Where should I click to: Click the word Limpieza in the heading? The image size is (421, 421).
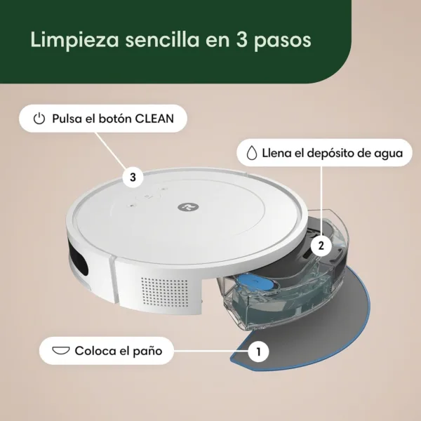(x=74, y=40)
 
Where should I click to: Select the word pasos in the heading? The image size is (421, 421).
(x=282, y=42)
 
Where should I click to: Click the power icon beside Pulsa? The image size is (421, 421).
(x=39, y=119)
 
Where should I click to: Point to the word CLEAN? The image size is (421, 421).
(x=154, y=119)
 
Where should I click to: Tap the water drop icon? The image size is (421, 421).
(x=251, y=153)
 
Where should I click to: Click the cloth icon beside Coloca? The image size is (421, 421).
(x=61, y=351)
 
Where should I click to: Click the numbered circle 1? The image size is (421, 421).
(x=258, y=352)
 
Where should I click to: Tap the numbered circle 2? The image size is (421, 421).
(x=321, y=246)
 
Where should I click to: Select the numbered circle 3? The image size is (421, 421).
(x=133, y=178)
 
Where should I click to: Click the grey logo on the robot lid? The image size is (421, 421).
(x=189, y=207)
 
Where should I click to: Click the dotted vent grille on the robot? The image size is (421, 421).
(x=165, y=292)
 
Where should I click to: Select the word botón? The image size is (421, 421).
(x=116, y=119)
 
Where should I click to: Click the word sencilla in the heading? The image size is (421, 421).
(x=163, y=40)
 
